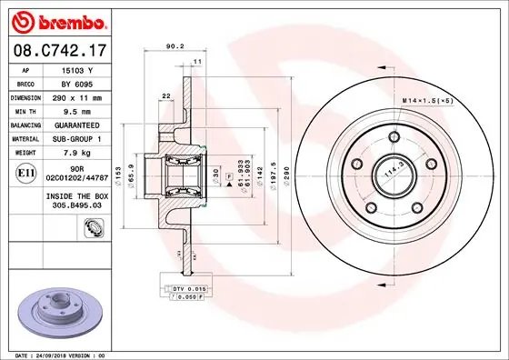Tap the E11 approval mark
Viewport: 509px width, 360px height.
(27, 169)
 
